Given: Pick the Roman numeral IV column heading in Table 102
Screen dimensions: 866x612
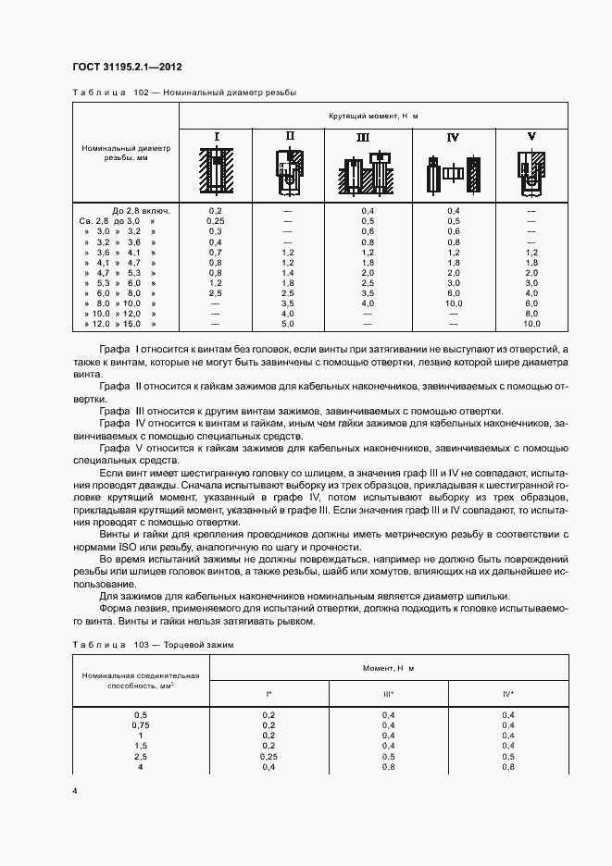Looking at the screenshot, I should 453,137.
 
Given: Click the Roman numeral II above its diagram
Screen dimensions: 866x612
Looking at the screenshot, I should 289,136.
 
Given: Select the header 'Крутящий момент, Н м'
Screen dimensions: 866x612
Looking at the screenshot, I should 373,116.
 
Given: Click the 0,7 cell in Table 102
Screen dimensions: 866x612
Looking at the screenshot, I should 216,253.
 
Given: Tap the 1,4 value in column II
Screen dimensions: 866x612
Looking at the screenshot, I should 288,274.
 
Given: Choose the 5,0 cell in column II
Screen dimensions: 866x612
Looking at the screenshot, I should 288,325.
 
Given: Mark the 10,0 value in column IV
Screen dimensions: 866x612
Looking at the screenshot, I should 453,304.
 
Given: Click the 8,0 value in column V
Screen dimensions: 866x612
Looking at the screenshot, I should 531,315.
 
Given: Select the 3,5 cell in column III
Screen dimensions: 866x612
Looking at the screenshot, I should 368,294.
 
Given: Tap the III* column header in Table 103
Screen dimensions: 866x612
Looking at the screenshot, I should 388,693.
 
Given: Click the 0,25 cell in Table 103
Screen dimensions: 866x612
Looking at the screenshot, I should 269,756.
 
